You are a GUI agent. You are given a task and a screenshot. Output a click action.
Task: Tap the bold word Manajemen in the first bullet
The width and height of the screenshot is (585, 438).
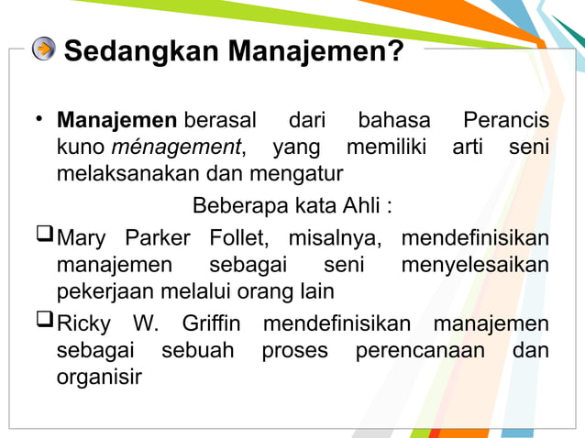click(x=116, y=121)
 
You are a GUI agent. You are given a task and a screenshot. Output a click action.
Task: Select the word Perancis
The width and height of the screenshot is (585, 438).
click(x=506, y=121)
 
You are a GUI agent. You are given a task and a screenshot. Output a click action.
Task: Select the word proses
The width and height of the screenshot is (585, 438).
click(x=294, y=350)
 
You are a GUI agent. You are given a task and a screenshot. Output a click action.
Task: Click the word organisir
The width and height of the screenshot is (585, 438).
click(x=100, y=377)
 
